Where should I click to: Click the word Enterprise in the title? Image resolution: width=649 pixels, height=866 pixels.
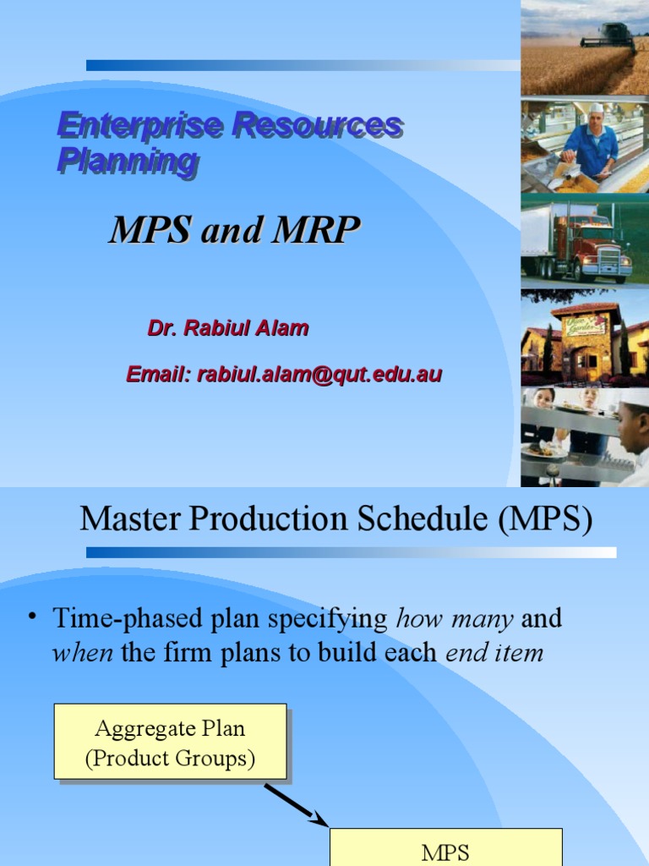140,126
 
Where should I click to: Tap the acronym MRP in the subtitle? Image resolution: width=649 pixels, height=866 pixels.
314,230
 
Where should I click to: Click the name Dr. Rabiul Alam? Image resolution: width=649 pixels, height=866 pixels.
227,329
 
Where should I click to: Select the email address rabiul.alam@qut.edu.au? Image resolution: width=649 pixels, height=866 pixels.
319,374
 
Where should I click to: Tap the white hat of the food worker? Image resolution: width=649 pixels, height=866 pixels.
597,108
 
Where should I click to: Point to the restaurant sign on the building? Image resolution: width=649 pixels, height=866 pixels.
585,323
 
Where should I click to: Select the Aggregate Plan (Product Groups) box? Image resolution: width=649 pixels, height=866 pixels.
170,741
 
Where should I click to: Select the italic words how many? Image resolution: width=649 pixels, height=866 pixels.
454,619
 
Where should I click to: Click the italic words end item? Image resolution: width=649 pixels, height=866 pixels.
494,652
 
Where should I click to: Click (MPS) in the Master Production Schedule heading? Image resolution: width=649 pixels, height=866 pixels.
545,519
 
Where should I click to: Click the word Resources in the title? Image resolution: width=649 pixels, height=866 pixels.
317,126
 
